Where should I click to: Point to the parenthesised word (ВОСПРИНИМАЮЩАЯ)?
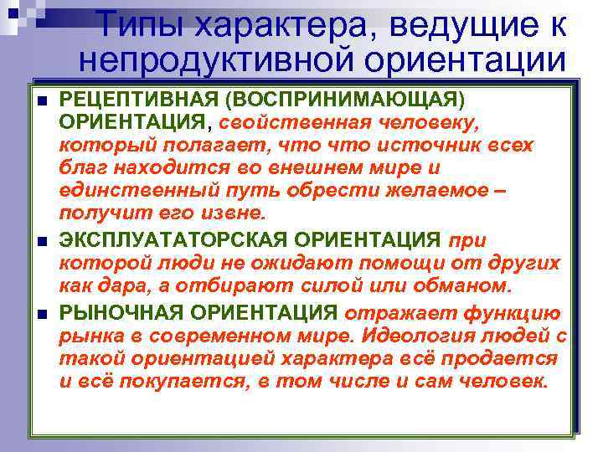click(x=348, y=100)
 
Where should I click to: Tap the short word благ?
click(x=82, y=167)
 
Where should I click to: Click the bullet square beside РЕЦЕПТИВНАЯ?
click(x=43, y=101)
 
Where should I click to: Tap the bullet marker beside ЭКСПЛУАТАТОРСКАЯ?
click(x=43, y=242)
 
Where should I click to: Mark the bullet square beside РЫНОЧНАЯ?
click(x=43, y=315)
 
